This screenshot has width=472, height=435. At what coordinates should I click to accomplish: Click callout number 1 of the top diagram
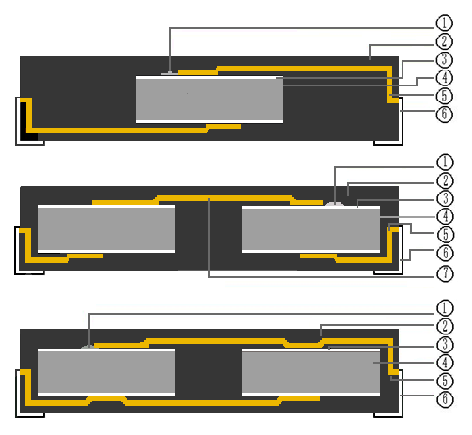444,23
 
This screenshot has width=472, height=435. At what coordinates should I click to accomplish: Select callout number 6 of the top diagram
444,114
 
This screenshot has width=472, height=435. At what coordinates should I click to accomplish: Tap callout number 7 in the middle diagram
445,273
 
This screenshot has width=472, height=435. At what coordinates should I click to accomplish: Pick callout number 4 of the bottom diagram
445,363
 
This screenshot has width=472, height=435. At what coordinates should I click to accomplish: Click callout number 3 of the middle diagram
445,198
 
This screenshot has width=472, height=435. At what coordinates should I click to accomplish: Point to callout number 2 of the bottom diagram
445,326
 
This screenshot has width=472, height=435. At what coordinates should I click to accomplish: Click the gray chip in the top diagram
209,100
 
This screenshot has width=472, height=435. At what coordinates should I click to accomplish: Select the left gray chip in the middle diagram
106,228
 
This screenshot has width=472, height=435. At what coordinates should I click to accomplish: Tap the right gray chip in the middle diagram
311,228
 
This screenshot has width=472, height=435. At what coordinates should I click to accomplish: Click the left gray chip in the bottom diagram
106,372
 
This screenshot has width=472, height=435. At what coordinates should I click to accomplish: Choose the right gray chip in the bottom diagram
311,372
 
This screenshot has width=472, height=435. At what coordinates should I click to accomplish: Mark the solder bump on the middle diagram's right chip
334,204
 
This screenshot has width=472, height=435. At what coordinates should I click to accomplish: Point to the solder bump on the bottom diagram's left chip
89,347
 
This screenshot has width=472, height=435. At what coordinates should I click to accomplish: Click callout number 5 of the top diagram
444,96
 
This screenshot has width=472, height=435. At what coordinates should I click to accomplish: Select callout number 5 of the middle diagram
445,234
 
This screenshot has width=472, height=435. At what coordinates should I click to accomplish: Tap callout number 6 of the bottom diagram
445,398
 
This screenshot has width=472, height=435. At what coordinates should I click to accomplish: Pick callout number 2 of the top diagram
444,41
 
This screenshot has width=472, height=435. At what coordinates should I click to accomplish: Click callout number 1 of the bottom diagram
445,307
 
